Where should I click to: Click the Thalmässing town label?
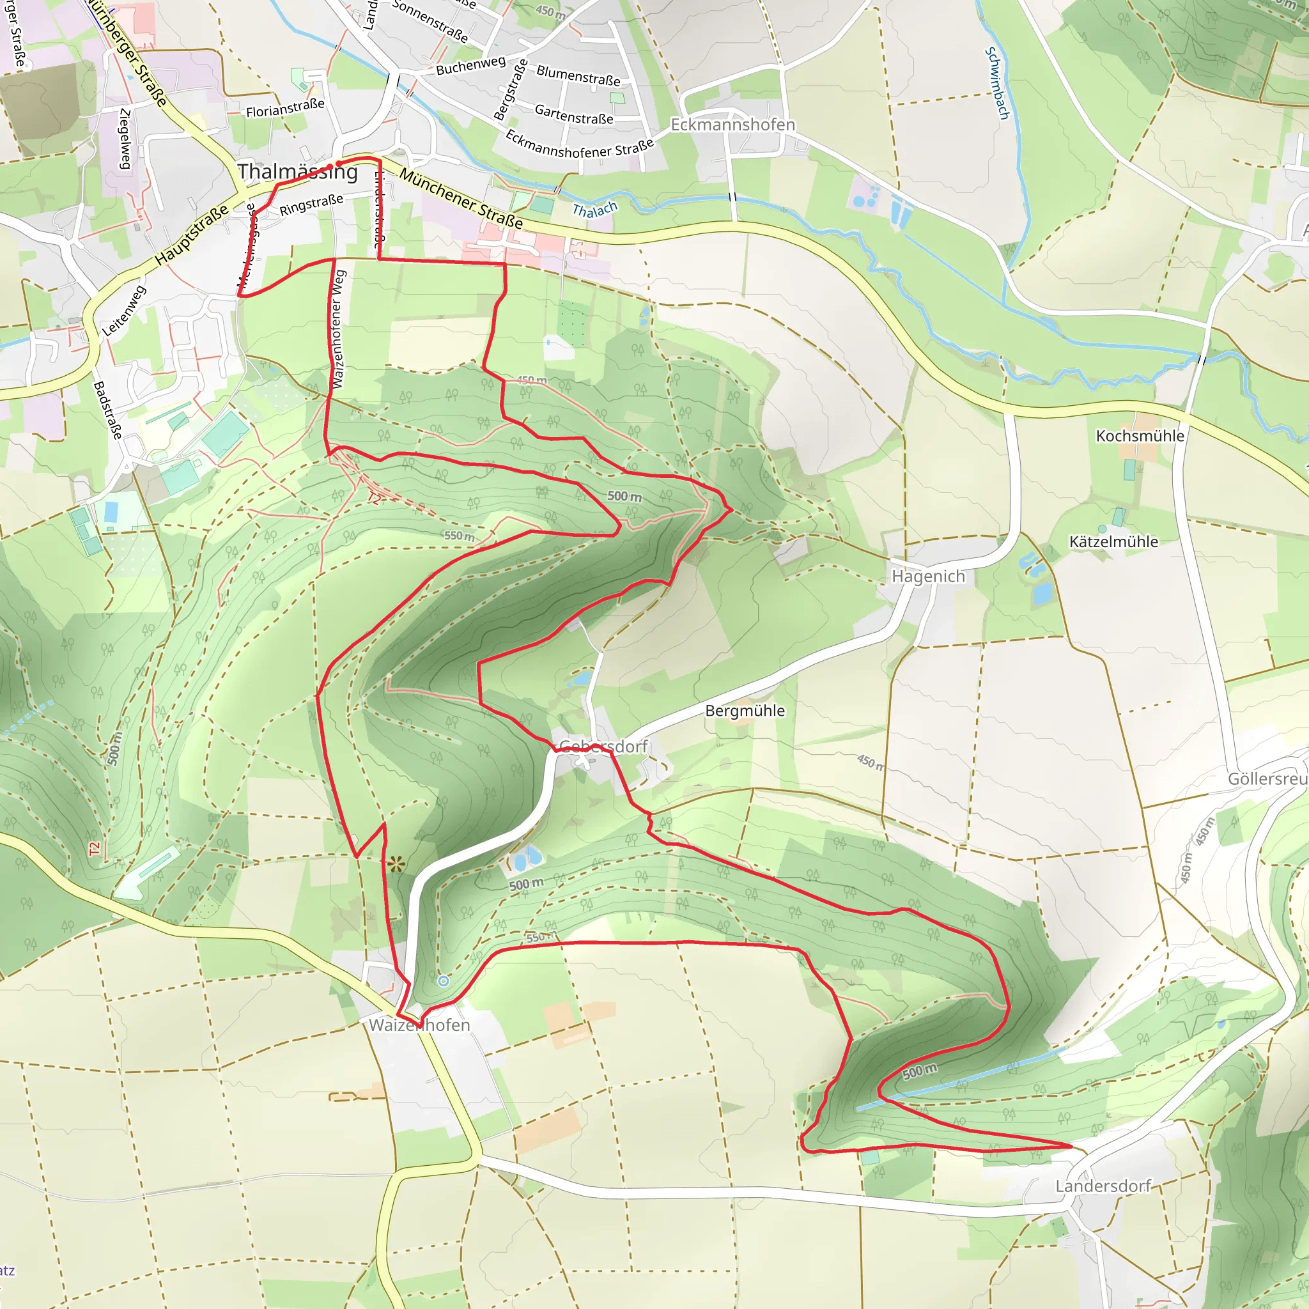point(297,171)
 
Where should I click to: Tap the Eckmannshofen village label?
point(732,125)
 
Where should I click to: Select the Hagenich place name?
point(927,577)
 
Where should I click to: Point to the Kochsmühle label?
point(1140,436)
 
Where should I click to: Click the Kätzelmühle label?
point(1114,541)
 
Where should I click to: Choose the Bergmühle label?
point(745,711)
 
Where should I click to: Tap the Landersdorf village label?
point(1103,1186)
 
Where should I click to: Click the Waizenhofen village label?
point(419,1025)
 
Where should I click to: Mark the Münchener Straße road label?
point(461,199)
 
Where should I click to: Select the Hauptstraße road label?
point(192,235)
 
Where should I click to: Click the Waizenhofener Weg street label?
point(338,329)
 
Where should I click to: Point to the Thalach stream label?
point(595,210)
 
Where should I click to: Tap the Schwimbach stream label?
point(996,83)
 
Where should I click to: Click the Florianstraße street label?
point(284,108)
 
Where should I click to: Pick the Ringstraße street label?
point(311,205)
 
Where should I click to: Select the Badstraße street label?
point(108,410)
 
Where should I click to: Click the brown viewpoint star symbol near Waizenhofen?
point(397,864)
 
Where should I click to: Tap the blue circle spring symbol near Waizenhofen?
point(443,981)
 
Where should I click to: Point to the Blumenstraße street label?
point(578,75)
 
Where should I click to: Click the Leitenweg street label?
point(124,311)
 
